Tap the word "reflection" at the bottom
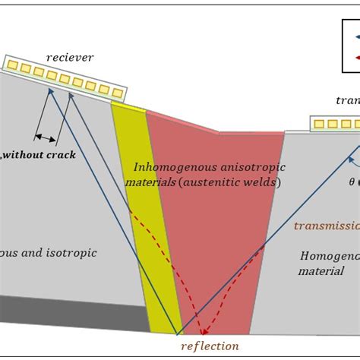tap(209, 346)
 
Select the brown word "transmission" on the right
tap(326, 226)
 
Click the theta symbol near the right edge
tap(351, 182)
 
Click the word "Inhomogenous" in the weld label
tap(169, 166)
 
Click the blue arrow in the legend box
tap(352, 36)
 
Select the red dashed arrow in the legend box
tap(352, 57)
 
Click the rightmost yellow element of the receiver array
tap(118, 93)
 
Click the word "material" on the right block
tap(321, 270)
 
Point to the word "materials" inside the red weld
tap(155, 182)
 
